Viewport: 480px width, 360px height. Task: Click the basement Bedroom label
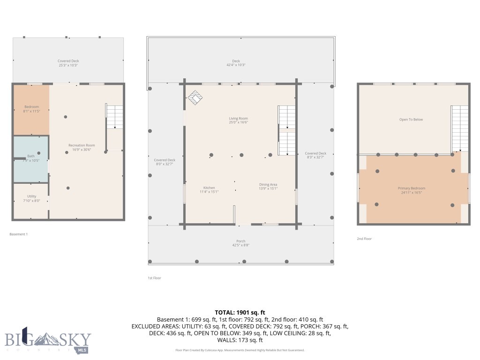pos(31,109)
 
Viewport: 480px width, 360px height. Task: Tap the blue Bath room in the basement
pos(30,158)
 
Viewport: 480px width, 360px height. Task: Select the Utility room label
pos(31,198)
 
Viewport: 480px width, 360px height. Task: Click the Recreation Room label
pos(82,147)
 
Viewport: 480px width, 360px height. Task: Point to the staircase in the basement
pos(114,117)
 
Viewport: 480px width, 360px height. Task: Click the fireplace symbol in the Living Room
pos(195,98)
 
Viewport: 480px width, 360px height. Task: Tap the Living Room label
pos(238,120)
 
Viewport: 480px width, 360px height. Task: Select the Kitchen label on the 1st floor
pos(209,189)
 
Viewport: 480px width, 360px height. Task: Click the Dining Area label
pos(268,186)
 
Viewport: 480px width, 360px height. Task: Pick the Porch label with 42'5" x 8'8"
pos(240,243)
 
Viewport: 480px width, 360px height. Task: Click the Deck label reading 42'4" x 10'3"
pos(236,63)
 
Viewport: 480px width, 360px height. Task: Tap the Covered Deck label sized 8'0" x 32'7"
pos(165,162)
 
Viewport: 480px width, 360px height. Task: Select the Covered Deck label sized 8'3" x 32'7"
pos(315,155)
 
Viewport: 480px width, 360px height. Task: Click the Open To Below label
pos(411,120)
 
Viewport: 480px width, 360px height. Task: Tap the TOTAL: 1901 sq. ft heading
pos(240,312)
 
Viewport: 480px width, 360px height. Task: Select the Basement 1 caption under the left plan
pos(19,234)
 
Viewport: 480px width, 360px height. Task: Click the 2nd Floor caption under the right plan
pos(364,239)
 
